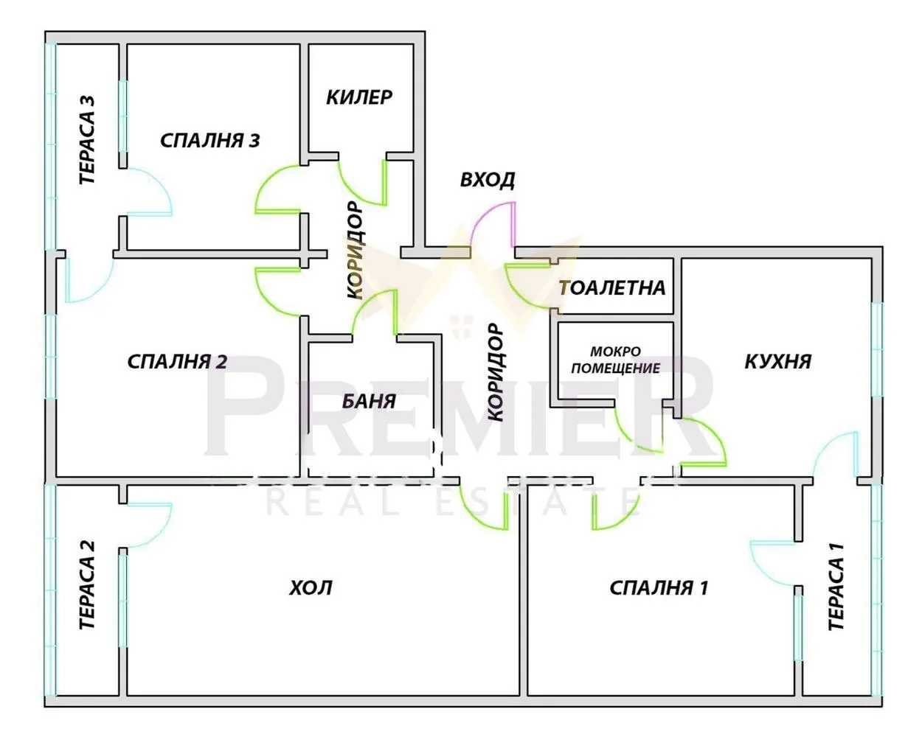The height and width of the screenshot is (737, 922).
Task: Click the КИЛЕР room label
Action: click(359, 97)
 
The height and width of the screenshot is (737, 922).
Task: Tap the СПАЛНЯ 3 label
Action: click(210, 141)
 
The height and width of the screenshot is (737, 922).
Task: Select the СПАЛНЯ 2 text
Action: click(177, 362)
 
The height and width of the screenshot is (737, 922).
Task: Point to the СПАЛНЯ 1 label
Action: click(659, 588)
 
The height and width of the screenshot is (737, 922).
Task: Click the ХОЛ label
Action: click(311, 588)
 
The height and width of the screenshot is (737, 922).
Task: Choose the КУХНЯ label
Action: click(777, 361)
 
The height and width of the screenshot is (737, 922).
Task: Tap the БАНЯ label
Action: click(369, 401)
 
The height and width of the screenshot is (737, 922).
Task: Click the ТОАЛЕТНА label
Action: click(613, 287)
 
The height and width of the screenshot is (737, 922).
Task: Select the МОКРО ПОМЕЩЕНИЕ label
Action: click(616, 360)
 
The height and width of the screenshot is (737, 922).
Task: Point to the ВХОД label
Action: click(488, 180)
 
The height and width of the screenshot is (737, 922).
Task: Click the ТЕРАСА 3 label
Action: click(87, 140)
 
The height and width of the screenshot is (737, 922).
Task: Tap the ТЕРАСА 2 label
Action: click(87, 585)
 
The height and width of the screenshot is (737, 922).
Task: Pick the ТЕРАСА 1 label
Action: click(836, 587)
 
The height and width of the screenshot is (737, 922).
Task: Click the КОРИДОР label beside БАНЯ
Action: click(496, 372)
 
